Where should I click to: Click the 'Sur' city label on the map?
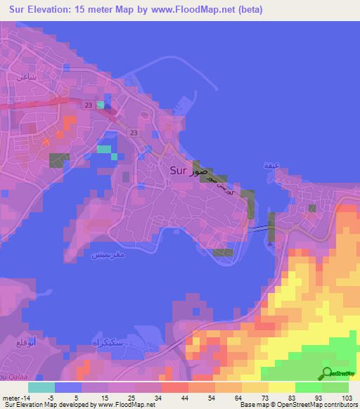tap(179, 170)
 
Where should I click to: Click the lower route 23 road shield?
tap(134, 131)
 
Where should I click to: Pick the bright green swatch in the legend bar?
tap(309, 387)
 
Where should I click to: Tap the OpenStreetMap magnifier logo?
tap(327, 372)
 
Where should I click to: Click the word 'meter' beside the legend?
tap(12, 397)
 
